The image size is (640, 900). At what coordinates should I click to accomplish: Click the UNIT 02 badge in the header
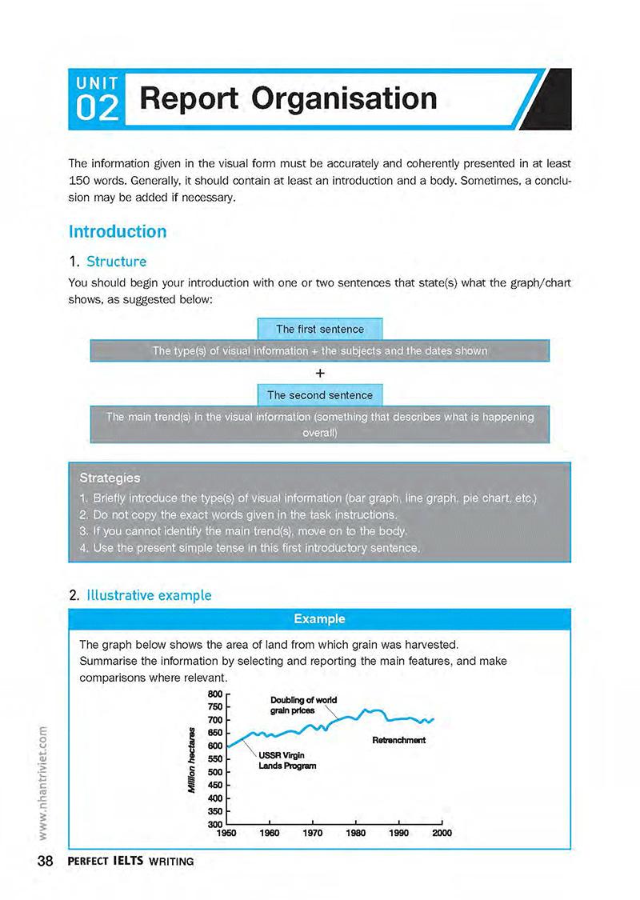pos(98,99)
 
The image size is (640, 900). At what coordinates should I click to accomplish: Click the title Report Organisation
pos(288,98)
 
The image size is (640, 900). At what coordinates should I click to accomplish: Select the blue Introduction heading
pos(118,232)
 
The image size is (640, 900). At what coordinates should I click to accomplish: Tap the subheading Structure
pos(116,262)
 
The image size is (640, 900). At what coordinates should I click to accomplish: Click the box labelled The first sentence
pos(319,329)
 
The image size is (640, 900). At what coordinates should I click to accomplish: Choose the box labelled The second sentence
pos(319,395)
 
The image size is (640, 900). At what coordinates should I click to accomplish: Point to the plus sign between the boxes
pos(319,373)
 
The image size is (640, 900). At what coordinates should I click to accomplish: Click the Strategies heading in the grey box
pos(110,478)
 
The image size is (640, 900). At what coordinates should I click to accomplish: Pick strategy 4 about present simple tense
pos(249,548)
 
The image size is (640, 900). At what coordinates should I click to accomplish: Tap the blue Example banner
pos(319,618)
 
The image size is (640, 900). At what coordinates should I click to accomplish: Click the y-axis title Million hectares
pos(191,759)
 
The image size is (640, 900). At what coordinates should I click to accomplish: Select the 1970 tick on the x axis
pos(313,833)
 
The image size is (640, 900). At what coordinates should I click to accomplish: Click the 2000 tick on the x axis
pos(442,833)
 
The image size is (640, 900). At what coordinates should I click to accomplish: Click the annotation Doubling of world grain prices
pos(303,706)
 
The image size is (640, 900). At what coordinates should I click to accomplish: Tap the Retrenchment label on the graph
pos(398,740)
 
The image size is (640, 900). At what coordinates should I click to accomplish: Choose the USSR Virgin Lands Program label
pos(286,760)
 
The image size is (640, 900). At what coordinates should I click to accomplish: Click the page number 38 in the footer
pos(45,861)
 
